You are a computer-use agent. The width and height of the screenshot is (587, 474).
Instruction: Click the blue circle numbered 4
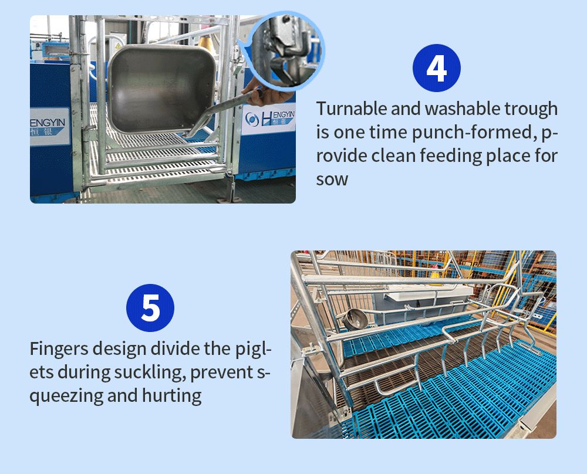click(x=437, y=68)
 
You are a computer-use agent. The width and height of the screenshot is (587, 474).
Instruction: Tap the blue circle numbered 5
click(x=150, y=307)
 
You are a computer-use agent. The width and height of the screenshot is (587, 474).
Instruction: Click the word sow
click(x=332, y=179)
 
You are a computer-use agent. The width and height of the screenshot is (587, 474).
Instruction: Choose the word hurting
click(x=171, y=396)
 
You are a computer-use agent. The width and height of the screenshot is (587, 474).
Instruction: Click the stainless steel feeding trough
click(x=162, y=89)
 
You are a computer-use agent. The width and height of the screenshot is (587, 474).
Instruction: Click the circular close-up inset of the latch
click(x=286, y=50)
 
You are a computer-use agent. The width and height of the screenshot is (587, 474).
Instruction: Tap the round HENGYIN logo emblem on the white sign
click(x=252, y=119)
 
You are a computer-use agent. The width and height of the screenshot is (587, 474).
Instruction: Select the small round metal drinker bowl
click(x=354, y=319)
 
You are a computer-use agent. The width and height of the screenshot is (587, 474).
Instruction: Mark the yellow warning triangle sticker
click(x=118, y=46)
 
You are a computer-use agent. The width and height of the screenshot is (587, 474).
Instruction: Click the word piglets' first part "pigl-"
click(x=254, y=350)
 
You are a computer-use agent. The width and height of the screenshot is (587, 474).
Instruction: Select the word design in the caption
click(x=119, y=350)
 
